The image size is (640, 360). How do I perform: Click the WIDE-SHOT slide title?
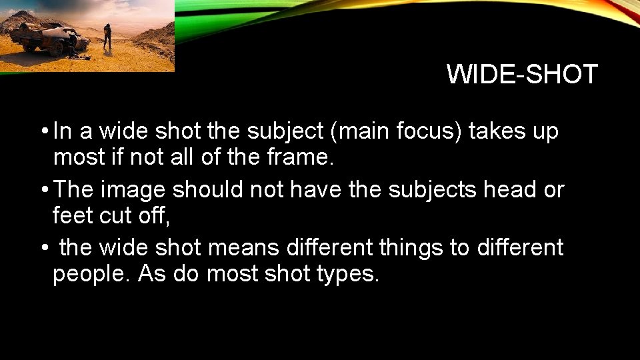[522, 74]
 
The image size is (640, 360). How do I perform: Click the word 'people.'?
[91, 274]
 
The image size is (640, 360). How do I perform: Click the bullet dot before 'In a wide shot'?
[43, 132]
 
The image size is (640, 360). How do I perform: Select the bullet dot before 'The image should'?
[43, 190]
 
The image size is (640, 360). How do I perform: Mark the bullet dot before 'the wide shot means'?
[43, 248]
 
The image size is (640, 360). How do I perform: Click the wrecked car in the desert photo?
[53, 39]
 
